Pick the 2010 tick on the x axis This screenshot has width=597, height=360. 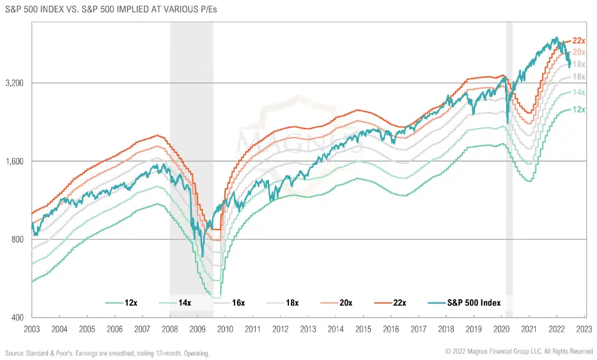point(225,329)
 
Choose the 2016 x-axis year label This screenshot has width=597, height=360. point(391,329)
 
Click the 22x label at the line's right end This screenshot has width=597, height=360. point(579,41)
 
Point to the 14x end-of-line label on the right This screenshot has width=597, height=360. point(579,93)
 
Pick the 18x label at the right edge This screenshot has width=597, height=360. point(579,65)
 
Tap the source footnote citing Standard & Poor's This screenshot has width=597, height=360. point(107,353)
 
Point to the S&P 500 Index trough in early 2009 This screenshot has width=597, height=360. point(203,256)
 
